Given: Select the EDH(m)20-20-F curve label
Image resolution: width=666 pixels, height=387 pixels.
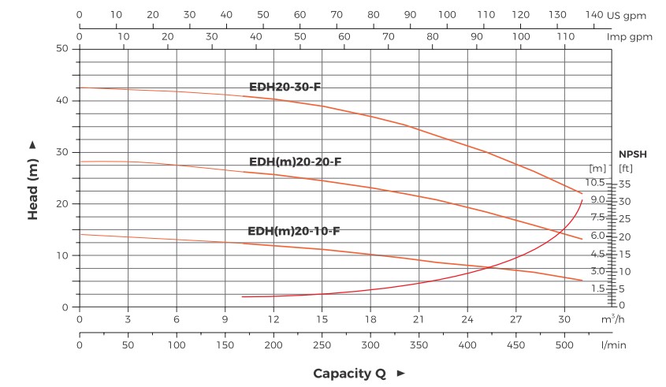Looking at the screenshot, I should coord(295,162).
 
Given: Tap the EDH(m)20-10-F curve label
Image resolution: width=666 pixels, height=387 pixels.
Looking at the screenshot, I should coord(294,231).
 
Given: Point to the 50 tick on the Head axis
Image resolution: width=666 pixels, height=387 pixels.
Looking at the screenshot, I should coord(64,49).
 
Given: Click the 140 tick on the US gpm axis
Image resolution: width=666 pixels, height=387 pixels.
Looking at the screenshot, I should coord(593,15).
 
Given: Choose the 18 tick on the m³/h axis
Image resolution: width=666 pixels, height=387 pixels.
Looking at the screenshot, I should coord(370,320).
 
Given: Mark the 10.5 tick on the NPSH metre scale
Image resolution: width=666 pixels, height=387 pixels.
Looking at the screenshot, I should coord(595,182).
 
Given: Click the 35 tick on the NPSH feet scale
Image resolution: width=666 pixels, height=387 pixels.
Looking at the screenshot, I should coord(626,184).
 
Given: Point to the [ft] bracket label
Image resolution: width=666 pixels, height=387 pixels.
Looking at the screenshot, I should coord(627,168).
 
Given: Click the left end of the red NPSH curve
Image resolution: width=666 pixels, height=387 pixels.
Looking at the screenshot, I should coord(243,296).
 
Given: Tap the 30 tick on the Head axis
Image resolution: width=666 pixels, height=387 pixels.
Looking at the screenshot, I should coord(64,152).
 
